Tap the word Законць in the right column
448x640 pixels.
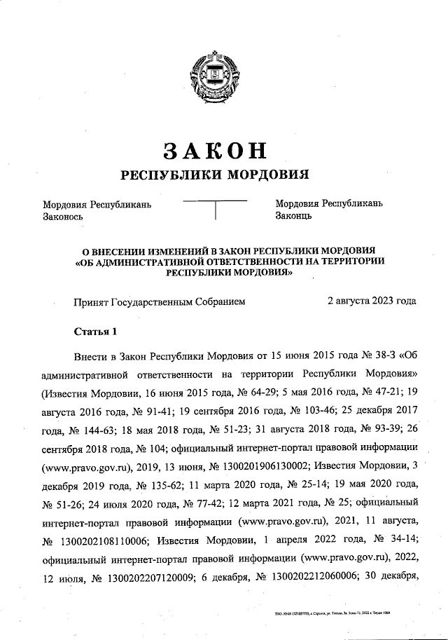click(x=294, y=217)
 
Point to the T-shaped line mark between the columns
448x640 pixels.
click(x=215, y=210)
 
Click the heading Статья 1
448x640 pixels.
click(x=97, y=330)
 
